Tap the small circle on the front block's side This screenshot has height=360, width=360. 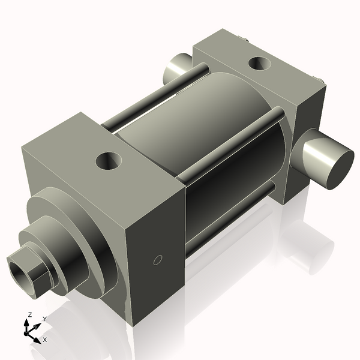[x=158, y=260]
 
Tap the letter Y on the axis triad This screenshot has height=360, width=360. [x=45, y=319]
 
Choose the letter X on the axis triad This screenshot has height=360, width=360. [x=45, y=340]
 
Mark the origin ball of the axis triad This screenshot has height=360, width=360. [x=28, y=331]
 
